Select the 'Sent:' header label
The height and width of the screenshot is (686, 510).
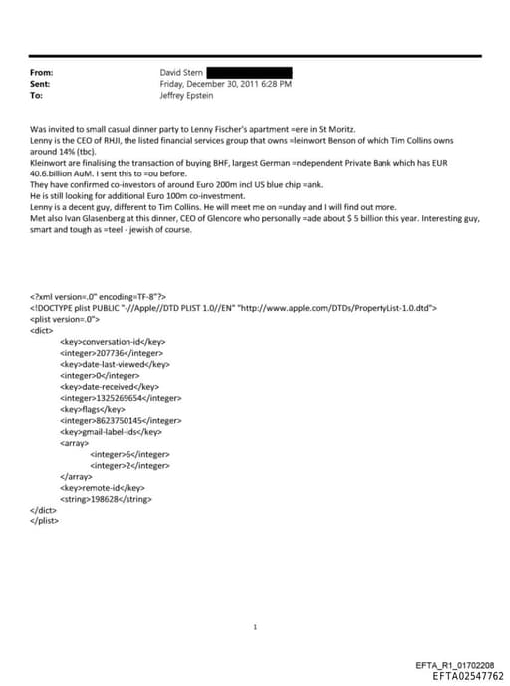[41, 84]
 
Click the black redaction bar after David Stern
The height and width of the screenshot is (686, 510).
[249, 73]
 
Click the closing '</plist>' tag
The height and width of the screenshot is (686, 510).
[45, 520]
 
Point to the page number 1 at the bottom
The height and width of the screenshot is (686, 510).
[256, 627]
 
